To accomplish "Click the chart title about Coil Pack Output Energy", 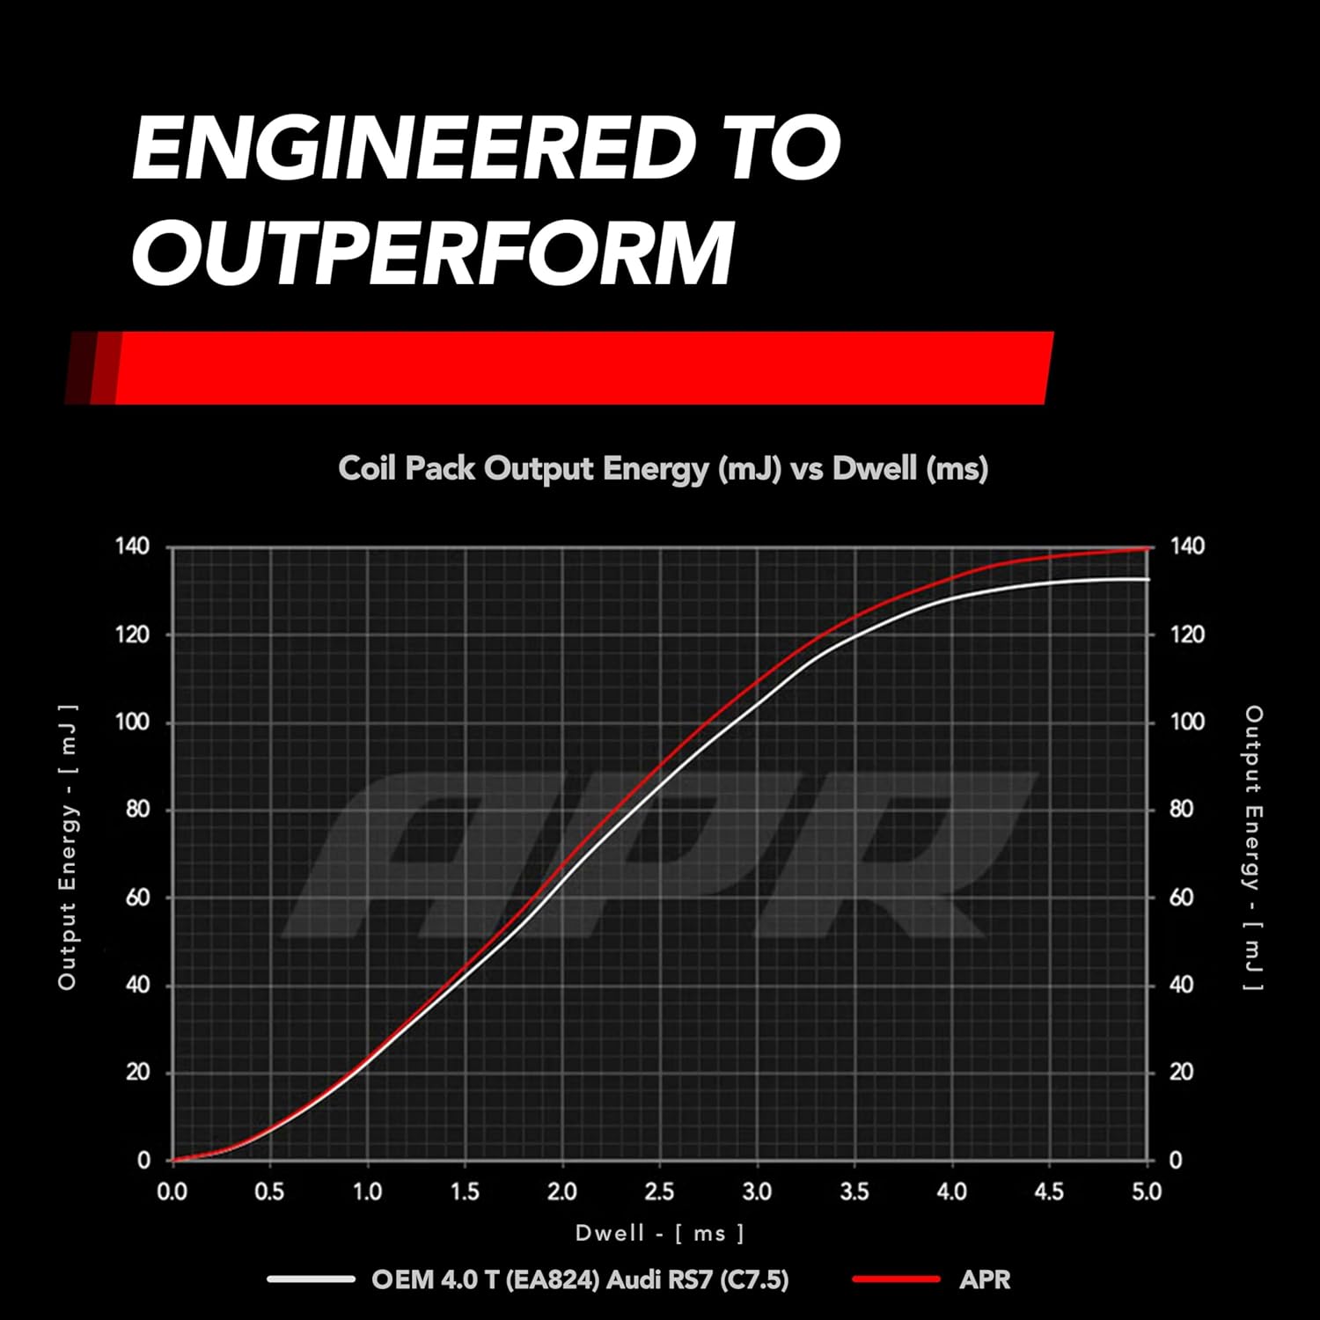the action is click(663, 468).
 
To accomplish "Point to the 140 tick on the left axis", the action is click(133, 546).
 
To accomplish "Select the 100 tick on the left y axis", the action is click(133, 722).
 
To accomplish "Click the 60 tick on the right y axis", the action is click(1182, 897).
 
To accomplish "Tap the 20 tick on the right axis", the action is click(1182, 1072).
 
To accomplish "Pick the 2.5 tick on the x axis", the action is click(659, 1192).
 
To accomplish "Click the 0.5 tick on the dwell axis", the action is click(269, 1192).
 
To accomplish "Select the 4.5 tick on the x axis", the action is click(1049, 1192).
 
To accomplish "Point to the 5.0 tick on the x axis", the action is click(1147, 1192).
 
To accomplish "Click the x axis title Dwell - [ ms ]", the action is click(660, 1233).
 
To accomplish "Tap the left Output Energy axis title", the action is click(68, 847).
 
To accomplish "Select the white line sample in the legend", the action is click(311, 1279).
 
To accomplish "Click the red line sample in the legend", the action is click(896, 1279).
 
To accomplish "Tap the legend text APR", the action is click(985, 1280).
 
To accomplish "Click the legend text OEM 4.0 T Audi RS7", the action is click(580, 1280).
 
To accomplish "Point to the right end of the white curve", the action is click(1149, 579).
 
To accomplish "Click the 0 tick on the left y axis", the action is click(143, 1160).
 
